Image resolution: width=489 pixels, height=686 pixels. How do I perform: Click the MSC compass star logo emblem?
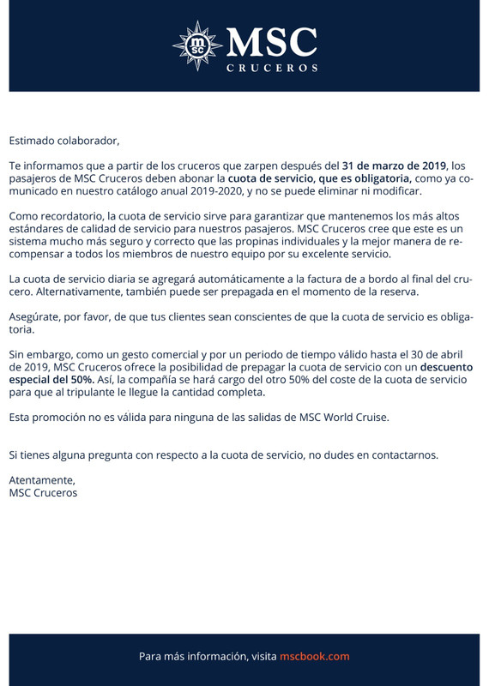click(199, 45)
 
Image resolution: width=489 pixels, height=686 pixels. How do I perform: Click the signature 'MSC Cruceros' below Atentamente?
click(43, 493)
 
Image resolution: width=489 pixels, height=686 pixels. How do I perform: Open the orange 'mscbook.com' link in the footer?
click(315, 656)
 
